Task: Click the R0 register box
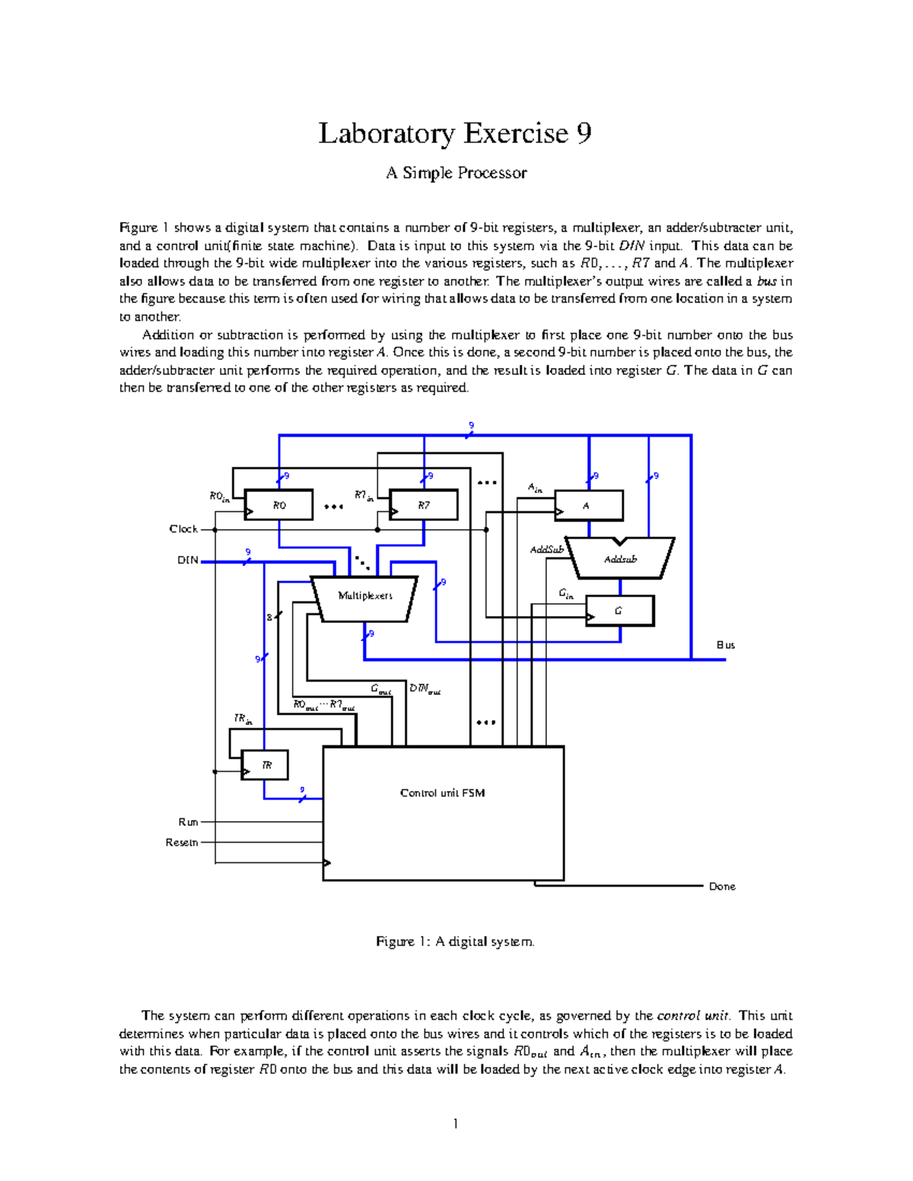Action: pyautogui.click(x=278, y=506)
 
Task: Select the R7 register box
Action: pyautogui.click(x=424, y=506)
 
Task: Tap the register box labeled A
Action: pyautogui.click(x=588, y=506)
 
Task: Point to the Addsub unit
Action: pyautogui.click(x=621, y=560)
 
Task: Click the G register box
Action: pyautogui.click(x=619, y=611)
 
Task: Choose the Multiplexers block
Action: pyautogui.click(x=365, y=597)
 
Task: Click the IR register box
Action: pyautogui.click(x=266, y=765)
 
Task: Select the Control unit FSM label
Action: pyautogui.click(x=443, y=793)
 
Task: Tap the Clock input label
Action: pyautogui.click(x=183, y=529)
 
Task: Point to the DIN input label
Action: pyautogui.click(x=188, y=560)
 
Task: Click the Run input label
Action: pyautogui.click(x=188, y=822)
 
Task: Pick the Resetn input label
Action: pyautogui.click(x=182, y=843)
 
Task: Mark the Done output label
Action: pyautogui.click(x=722, y=887)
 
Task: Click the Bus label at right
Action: pyautogui.click(x=726, y=645)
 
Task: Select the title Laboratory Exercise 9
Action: pyautogui.click(x=455, y=134)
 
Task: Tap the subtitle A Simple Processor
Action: pyautogui.click(x=456, y=173)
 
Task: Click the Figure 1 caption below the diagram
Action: pyautogui.click(x=455, y=941)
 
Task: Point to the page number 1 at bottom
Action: pyautogui.click(x=455, y=1124)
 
